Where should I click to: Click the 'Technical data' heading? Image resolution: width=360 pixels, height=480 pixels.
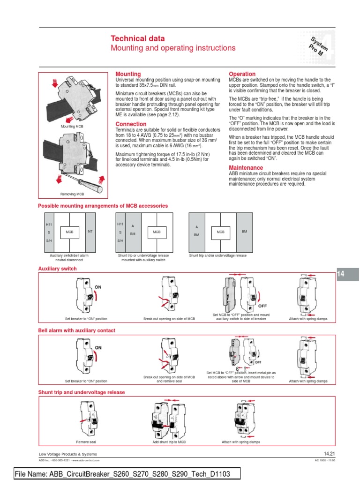point(135,38)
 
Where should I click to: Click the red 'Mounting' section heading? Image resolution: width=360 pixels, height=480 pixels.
point(128,74)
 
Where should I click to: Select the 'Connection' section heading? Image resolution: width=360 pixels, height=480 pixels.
point(131,124)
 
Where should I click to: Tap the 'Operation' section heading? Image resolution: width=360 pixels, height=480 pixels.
point(242,74)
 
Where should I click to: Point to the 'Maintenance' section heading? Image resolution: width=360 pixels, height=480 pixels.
point(246,168)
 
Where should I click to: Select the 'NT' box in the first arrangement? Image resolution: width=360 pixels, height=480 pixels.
point(90,232)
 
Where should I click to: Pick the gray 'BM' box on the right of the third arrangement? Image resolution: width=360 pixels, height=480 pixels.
point(244,232)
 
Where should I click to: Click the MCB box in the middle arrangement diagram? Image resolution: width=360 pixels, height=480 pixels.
point(157,232)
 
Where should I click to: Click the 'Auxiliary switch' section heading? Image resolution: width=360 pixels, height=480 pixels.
point(57,269)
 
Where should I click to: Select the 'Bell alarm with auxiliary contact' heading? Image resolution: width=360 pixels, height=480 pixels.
point(76,330)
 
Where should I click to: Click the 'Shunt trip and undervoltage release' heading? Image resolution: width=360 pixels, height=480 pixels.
point(82,392)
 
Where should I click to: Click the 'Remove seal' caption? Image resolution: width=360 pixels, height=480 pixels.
point(86,442)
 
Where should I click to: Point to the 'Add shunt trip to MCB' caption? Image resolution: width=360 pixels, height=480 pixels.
point(169,442)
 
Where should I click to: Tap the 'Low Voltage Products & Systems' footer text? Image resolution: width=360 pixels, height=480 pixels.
point(68,454)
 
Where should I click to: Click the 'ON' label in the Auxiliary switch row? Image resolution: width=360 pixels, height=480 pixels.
point(98,286)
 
